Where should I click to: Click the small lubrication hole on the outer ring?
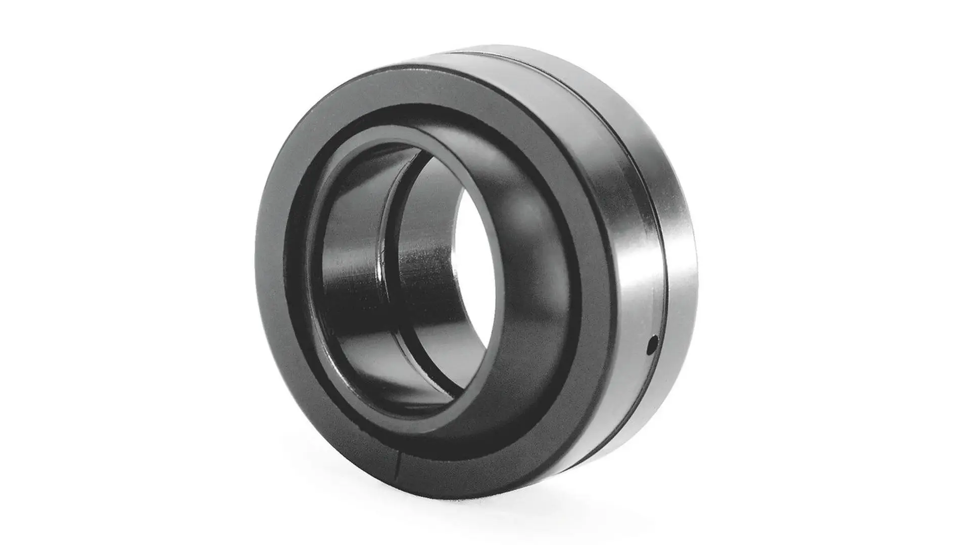click(653, 345)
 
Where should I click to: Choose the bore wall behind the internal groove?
click(429, 242)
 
